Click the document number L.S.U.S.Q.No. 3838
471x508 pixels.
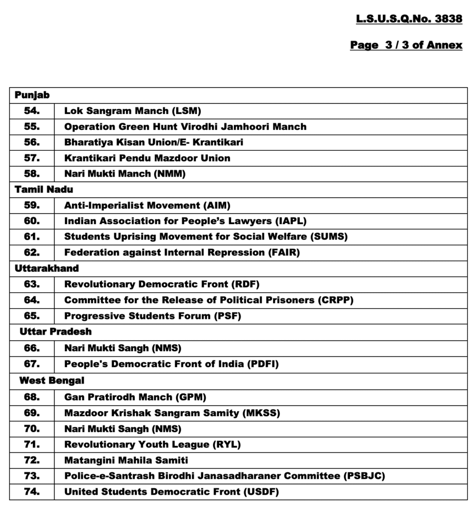click(x=409, y=19)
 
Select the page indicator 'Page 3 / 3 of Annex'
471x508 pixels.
click(x=406, y=45)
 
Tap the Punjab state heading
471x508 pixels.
click(x=32, y=95)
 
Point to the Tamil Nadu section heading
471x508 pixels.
click(x=44, y=189)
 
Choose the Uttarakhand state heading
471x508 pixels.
click(x=47, y=268)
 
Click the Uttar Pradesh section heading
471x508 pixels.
click(x=56, y=331)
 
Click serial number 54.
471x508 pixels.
click(x=32, y=111)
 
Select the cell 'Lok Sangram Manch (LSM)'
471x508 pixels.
click(x=132, y=111)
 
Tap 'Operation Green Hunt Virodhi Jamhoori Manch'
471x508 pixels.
click(x=185, y=127)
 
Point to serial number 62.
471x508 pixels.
click(x=32, y=253)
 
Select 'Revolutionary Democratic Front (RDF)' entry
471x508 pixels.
click(x=162, y=284)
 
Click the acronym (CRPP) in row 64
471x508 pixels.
click(x=336, y=300)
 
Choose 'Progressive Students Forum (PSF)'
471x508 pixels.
click(x=153, y=316)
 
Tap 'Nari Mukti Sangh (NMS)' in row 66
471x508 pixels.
click(x=123, y=348)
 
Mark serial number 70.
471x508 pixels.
click(x=32, y=429)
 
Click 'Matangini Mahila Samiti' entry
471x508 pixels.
click(x=126, y=460)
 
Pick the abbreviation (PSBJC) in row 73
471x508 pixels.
click(x=364, y=476)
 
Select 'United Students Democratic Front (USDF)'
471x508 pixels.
click(x=172, y=492)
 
